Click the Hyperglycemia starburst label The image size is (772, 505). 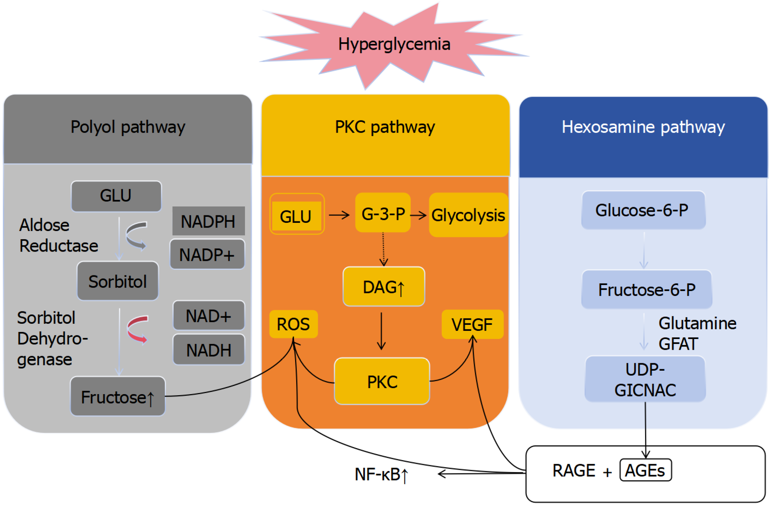394,44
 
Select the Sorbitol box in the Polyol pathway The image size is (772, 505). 118,281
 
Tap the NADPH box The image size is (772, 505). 208,221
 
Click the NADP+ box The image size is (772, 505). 207,254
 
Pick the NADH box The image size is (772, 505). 208,350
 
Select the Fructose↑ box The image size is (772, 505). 118,397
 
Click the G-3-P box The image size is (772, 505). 383,213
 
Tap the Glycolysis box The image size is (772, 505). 468,215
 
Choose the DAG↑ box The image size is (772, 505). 384,287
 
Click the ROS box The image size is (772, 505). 293,324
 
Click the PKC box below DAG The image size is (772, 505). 382,381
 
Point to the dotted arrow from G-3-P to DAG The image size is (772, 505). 383,249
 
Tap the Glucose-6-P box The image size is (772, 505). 643,210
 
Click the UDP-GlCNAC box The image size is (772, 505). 645,380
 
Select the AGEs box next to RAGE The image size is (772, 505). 645,471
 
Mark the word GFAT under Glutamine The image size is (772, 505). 678,344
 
